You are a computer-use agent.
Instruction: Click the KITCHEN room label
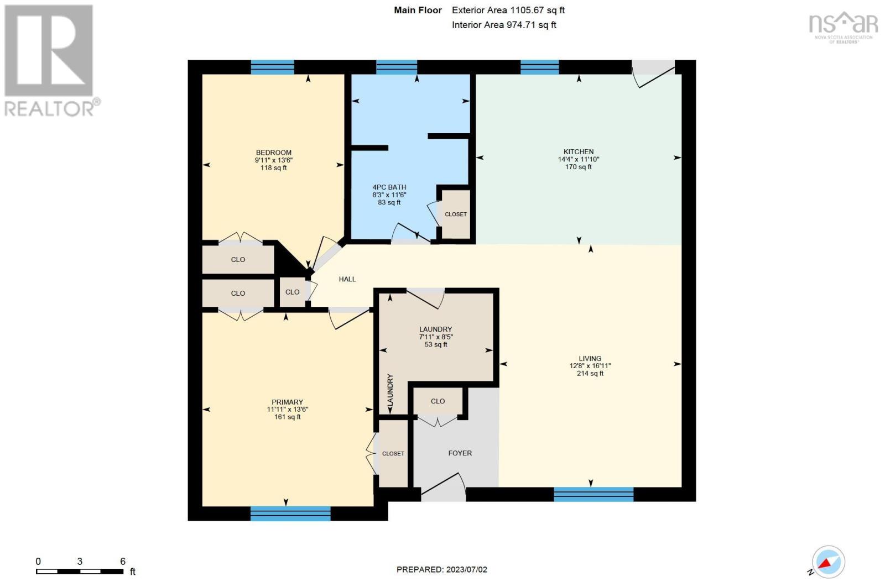[578, 151]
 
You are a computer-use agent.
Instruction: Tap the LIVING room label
[590, 358]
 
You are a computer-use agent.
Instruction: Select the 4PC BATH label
[389, 187]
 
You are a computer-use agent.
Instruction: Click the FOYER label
[460, 453]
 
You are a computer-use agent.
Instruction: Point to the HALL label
[347, 279]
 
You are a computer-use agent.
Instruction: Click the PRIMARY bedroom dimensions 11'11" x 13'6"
[287, 410]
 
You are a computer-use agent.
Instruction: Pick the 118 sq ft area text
[273, 168]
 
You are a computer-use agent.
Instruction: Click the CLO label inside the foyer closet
[438, 401]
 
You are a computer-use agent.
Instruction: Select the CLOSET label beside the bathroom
[456, 214]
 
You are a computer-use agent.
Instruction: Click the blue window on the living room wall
[593, 494]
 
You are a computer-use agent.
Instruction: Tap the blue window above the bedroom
[272, 67]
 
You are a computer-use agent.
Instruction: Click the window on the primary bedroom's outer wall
[290, 513]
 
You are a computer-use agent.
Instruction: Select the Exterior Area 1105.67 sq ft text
[508, 10]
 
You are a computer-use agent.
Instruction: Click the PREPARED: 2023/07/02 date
[441, 569]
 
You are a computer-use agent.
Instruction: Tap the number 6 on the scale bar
[123, 561]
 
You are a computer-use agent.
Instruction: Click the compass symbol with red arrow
[828, 562]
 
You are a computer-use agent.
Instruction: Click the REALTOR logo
[50, 61]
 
